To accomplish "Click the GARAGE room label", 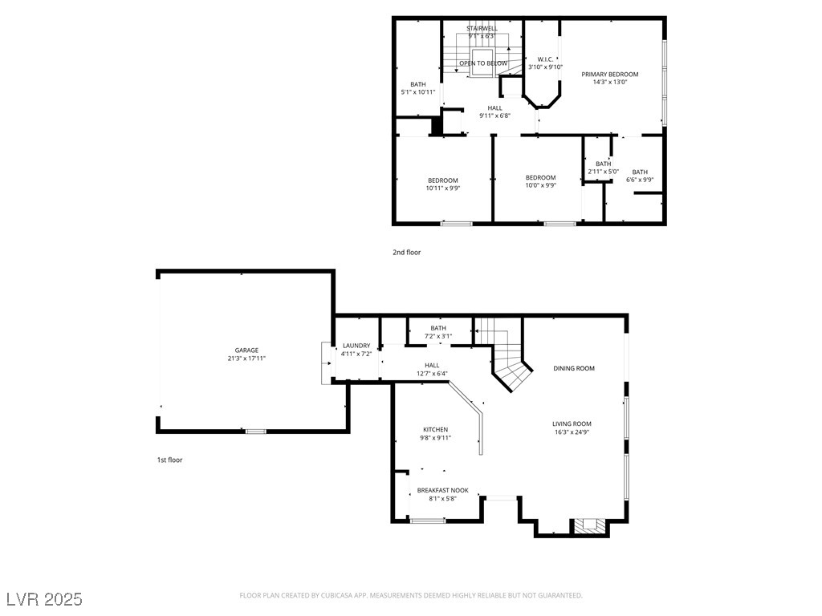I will (246, 351).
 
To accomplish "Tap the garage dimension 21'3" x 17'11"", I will (246, 359).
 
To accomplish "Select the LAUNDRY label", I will (356, 346).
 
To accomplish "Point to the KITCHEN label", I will (435, 430).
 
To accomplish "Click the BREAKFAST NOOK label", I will (442, 490).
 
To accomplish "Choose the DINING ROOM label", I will (574, 368).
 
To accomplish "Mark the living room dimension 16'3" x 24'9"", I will (572, 432).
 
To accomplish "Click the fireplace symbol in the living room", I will (590, 526).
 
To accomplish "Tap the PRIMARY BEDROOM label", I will (610, 74).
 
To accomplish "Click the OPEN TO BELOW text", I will (483, 63).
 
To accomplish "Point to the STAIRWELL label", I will (482, 28).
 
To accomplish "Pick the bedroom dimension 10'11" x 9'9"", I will (442, 188).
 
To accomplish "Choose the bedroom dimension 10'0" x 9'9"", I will (540, 185).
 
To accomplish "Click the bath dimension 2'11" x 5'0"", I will (603, 171).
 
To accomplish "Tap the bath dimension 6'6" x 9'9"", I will (640, 180).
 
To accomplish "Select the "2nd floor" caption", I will (406, 253).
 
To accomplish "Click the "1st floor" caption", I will (169, 460).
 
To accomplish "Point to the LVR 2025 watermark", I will (44, 599).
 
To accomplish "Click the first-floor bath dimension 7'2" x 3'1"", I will (438, 336).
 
